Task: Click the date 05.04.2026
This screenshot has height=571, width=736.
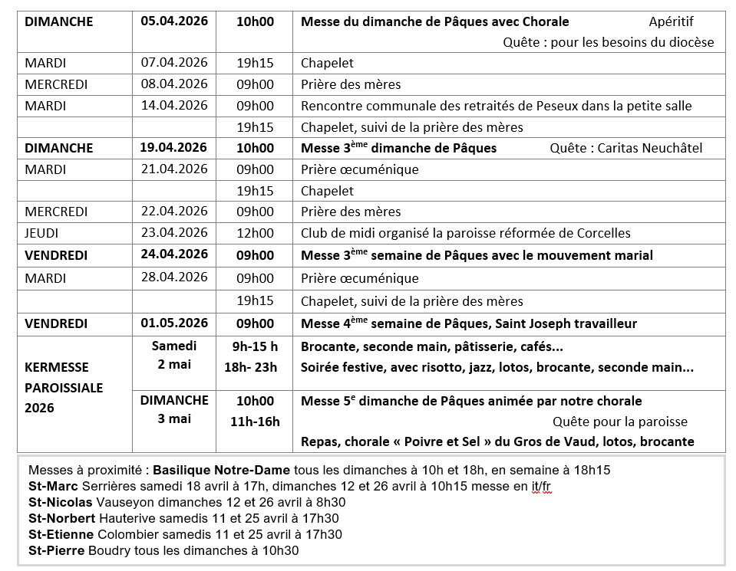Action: pos(174,21)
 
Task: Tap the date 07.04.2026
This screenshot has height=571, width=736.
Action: pos(174,63)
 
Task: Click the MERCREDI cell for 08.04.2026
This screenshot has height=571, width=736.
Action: pos(56,84)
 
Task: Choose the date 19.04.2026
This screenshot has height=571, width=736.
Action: pos(174,148)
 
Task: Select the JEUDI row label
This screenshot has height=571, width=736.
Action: pos(41,233)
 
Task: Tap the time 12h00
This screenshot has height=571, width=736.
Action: pos(255,233)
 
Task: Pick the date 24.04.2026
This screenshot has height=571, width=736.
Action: pos(174,254)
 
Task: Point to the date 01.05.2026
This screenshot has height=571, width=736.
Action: pos(174,323)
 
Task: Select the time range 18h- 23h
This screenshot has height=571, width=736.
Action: pos(251,367)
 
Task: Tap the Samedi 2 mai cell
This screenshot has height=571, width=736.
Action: pos(174,355)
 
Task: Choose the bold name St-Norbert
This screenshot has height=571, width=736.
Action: pos(62,518)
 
